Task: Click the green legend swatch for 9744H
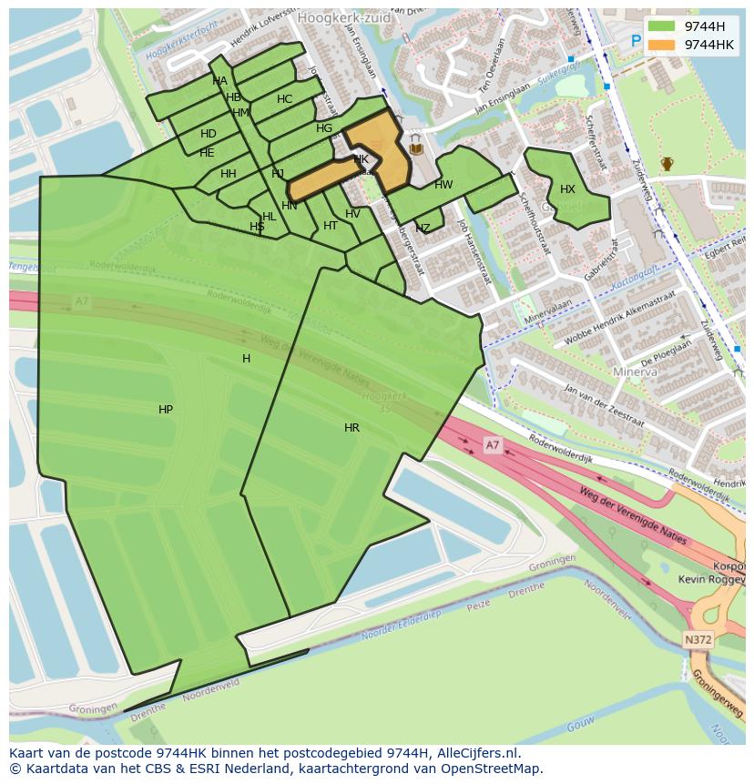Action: coord(662,26)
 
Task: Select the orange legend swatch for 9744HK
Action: coord(662,45)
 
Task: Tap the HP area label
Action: coord(166,410)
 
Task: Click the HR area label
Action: coord(352,427)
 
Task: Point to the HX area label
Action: coord(567,189)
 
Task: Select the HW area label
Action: coord(443,185)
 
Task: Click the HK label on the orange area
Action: coord(362,159)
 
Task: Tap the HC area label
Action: coord(284,99)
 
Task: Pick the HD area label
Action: coord(209,134)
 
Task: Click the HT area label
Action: coord(331,226)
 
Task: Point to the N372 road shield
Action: coord(698,640)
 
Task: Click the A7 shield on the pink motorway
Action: coord(492,444)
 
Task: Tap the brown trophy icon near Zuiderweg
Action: coord(667,164)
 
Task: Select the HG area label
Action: coord(324,128)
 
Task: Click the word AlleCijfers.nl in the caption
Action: coord(478,753)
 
